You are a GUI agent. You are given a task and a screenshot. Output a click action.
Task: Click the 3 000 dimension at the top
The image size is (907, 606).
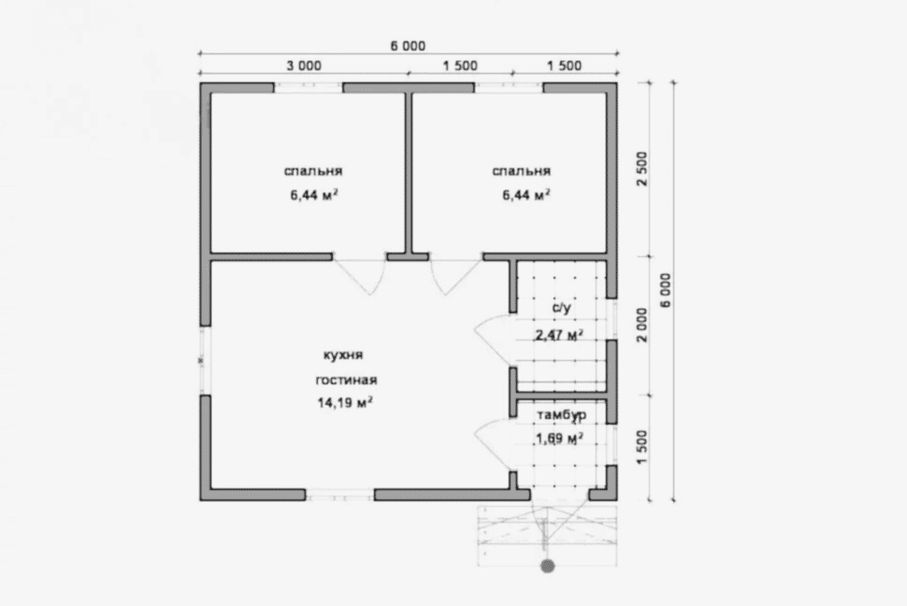[304, 66]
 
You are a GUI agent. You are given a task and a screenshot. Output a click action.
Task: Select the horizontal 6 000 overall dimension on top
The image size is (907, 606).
[408, 47]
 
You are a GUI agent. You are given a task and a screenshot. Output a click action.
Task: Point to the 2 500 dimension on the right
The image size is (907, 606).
[642, 168]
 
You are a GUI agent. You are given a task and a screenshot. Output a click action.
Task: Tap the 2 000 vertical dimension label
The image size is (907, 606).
[642, 325]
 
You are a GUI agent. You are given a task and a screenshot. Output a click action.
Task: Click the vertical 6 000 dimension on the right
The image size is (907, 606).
[666, 290]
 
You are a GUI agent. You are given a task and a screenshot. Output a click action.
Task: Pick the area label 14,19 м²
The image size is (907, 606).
[345, 402]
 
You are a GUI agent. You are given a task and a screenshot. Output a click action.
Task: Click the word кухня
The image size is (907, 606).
[343, 354]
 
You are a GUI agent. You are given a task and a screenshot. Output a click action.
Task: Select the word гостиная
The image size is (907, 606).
[347, 381]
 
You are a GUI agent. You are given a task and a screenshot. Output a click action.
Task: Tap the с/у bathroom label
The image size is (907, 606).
[562, 308]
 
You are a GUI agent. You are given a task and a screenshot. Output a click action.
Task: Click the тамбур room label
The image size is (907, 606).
[562, 415]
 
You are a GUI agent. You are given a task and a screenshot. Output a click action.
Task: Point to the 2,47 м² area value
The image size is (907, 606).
[559, 335]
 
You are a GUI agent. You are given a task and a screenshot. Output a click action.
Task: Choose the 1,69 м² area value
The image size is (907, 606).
[559, 439]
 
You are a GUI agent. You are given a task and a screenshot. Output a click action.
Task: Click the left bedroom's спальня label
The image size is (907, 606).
[313, 171]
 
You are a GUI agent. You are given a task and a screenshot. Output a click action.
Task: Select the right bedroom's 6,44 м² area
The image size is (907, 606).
[525, 195]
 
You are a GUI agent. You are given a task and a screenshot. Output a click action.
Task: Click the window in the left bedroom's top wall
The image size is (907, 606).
[309, 88]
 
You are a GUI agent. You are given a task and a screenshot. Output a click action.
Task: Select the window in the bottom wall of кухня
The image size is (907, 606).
[340, 495]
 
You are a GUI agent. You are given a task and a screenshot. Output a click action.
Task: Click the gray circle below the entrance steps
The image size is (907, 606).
[548, 566]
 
